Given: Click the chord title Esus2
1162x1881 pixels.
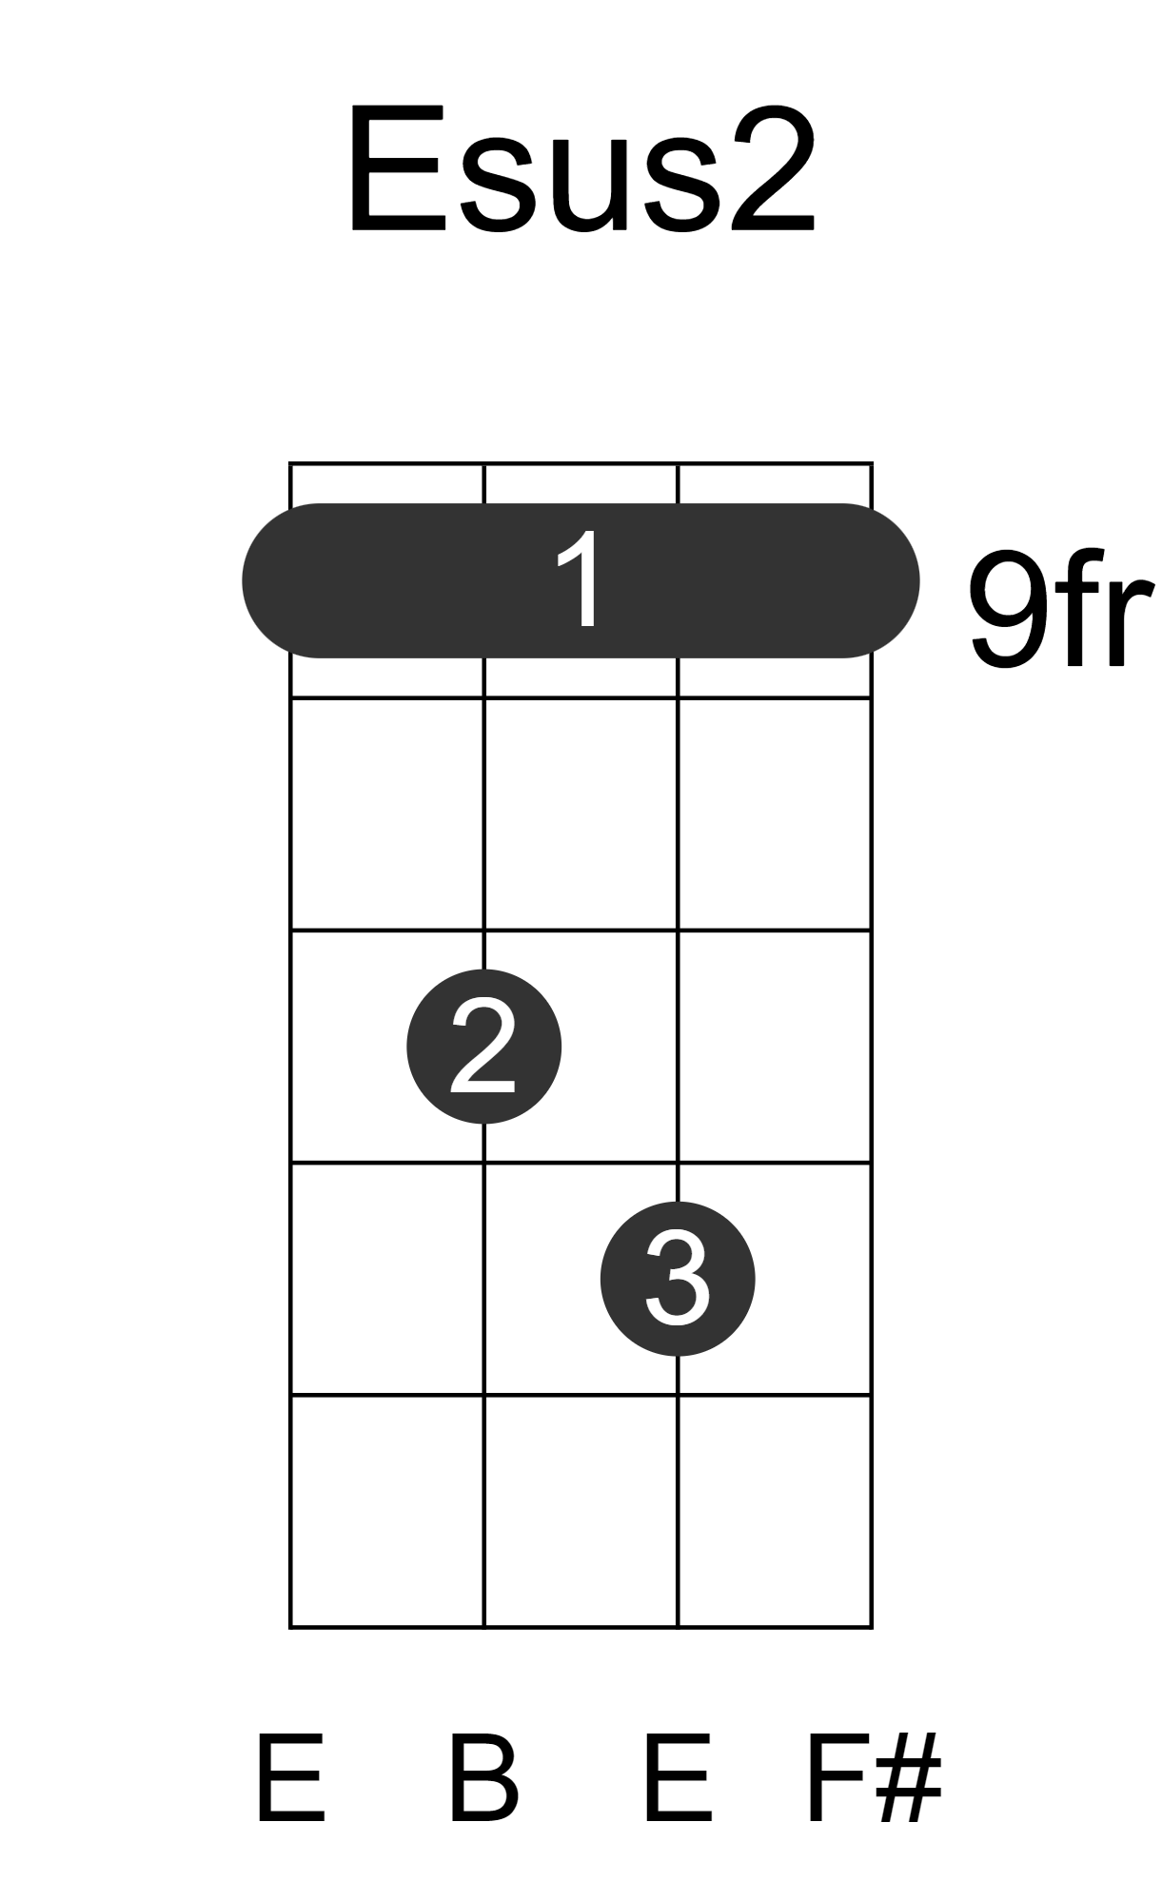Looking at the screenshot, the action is coord(581,169).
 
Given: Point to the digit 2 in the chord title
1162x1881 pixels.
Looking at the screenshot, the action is coord(772,168).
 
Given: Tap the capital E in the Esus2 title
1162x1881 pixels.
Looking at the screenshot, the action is coord(397,169).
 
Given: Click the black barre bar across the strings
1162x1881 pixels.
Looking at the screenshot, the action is coord(581,580).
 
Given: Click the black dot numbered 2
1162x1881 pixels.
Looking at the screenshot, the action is coord(483,1047).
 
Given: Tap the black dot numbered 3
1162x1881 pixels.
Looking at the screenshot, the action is coord(678,1279).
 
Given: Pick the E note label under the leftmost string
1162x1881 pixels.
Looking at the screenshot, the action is coord(289,1778).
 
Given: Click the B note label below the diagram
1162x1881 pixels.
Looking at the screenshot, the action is coord(483,1778).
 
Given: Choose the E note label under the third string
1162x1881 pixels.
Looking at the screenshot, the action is coord(678,1778).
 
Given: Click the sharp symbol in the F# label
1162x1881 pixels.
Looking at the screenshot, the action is coord(909,1778).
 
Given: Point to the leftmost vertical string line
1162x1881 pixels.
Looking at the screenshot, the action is coord(290,1046).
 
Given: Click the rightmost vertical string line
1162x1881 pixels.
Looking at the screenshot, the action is coord(872,1046).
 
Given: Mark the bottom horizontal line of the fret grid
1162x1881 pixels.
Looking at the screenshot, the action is coord(581,1627).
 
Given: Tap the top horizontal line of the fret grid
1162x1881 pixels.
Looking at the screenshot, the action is coord(581,464).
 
